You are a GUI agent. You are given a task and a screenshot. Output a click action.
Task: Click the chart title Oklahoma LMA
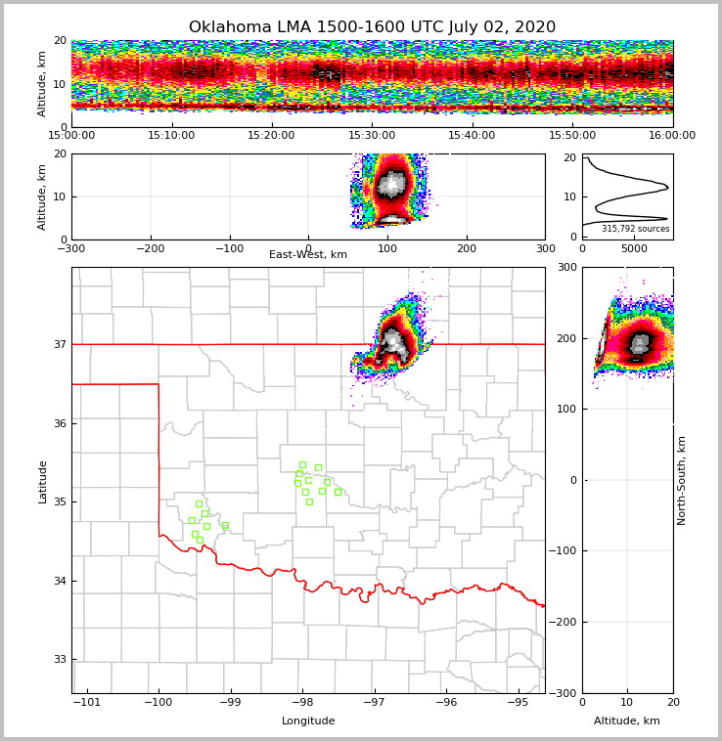[x=372, y=27]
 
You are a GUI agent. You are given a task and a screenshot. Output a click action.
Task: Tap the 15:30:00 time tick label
[x=372, y=136]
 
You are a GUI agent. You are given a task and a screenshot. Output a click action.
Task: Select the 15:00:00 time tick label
[x=71, y=136]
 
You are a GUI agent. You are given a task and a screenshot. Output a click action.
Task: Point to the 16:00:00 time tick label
[x=672, y=136]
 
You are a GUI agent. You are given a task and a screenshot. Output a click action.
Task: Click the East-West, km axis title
[x=308, y=255]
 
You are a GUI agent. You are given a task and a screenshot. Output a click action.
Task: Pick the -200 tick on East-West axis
[x=150, y=249]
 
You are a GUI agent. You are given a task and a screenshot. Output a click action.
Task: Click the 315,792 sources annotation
[x=636, y=229]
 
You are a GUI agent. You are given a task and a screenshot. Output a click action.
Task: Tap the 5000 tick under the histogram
[x=635, y=249]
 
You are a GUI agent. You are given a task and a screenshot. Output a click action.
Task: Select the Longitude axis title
[x=308, y=721]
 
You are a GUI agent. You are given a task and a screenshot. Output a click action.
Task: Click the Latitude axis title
[x=43, y=481]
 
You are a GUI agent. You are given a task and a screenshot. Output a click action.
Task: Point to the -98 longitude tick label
[x=302, y=703]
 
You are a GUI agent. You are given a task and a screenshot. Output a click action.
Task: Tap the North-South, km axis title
[x=682, y=480]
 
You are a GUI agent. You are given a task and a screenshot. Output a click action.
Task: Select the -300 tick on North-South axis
[x=564, y=693]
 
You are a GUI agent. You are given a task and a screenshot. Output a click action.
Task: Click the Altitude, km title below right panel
[x=627, y=721]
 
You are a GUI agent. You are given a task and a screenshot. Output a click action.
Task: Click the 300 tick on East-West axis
[x=545, y=249]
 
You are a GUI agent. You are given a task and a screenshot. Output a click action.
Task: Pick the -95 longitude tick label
[x=519, y=703]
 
